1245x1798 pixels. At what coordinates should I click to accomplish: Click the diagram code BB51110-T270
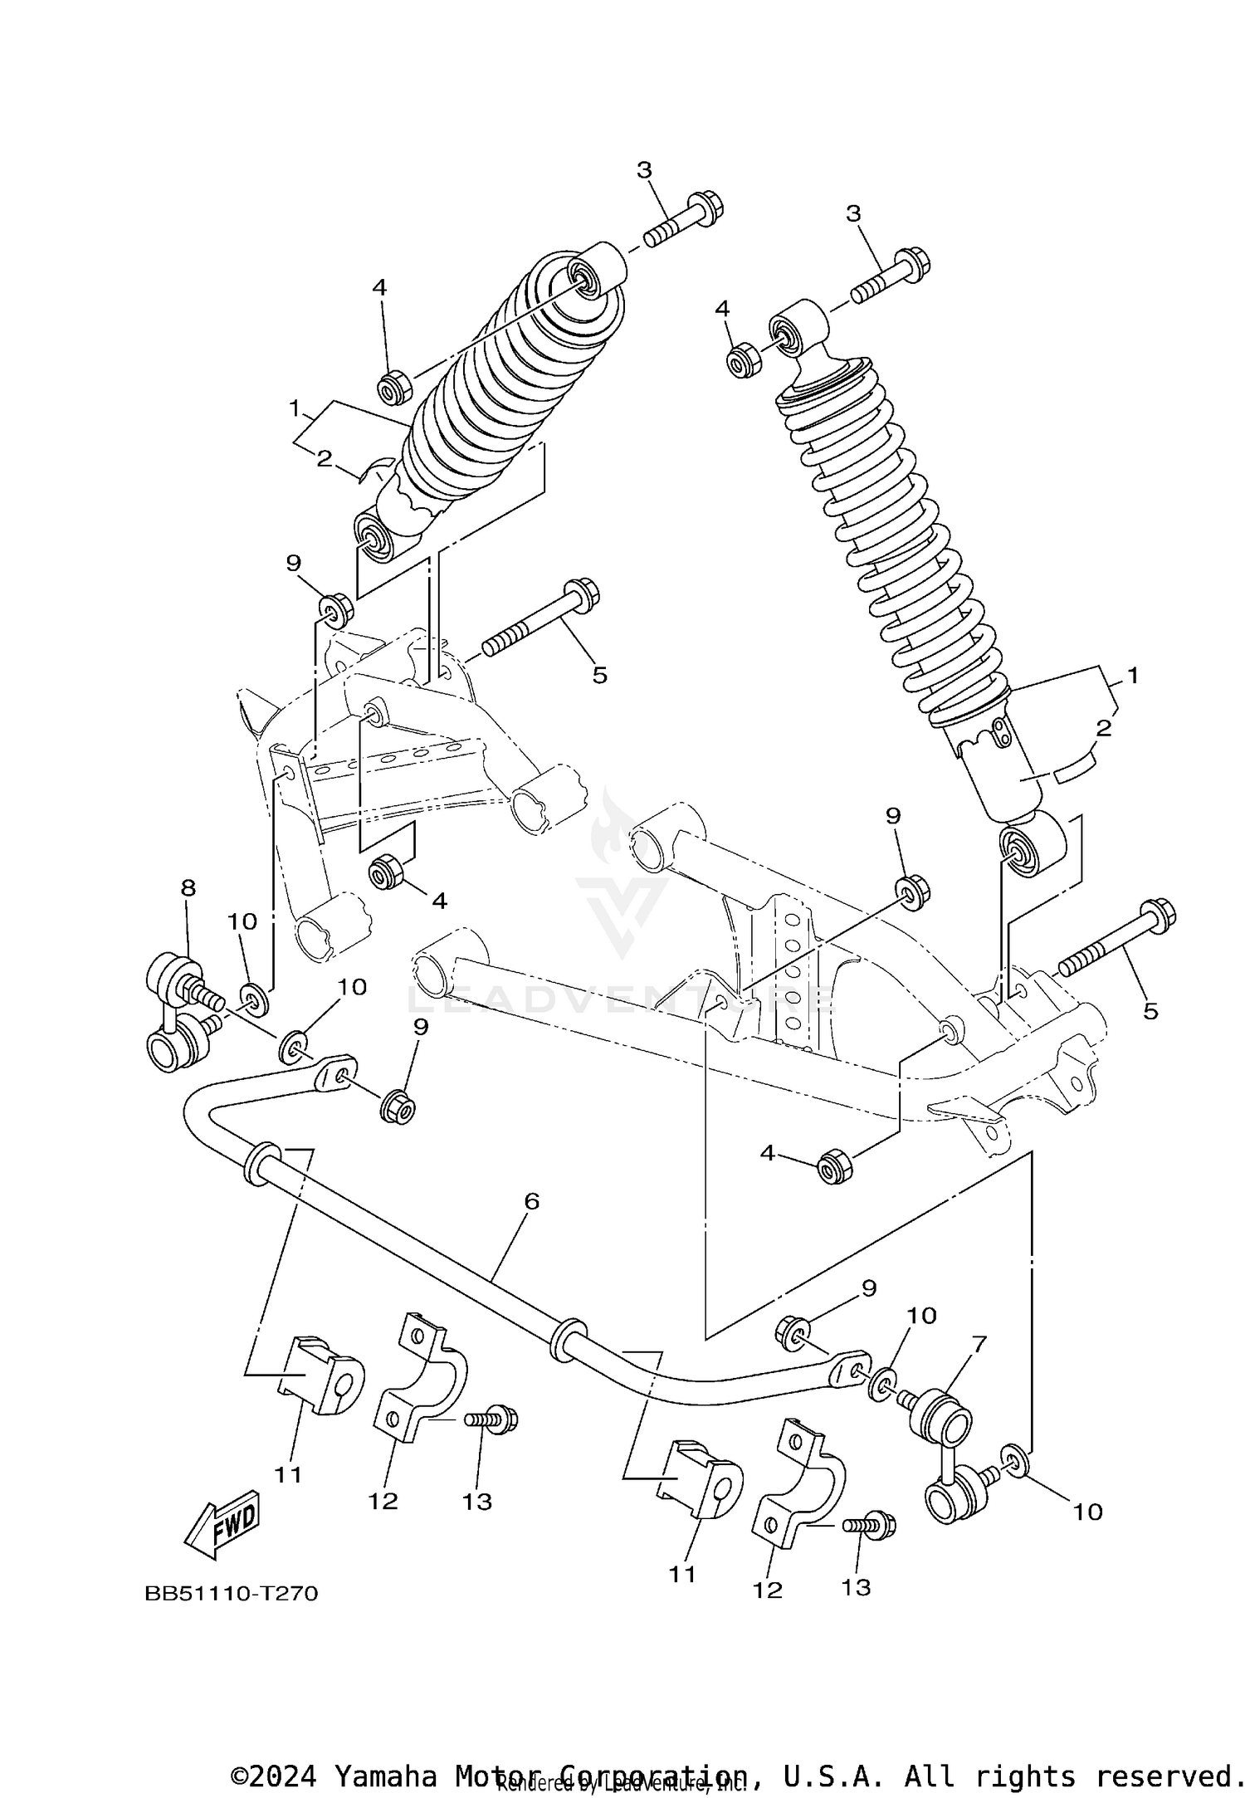click(x=232, y=1594)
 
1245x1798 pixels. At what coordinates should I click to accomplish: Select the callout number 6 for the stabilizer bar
click(x=532, y=1200)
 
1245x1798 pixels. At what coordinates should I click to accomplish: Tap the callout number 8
click(x=188, y=887)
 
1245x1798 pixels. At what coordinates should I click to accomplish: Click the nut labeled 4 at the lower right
click(x=835, y=1168)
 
